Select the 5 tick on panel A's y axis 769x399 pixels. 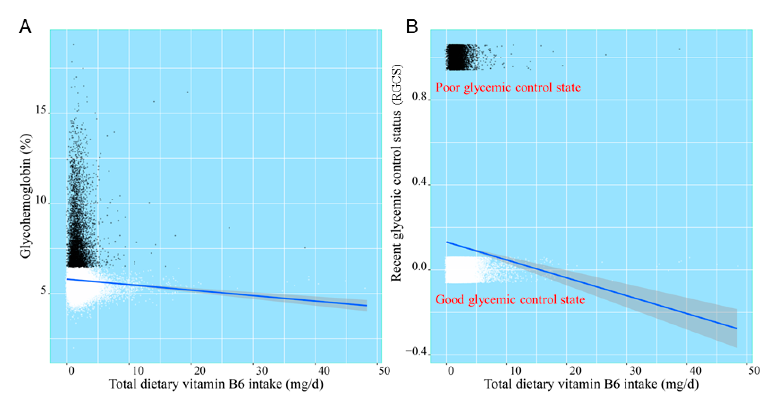44,290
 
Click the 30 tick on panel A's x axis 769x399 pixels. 262,371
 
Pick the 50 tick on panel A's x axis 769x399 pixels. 384,371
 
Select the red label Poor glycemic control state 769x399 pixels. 508,87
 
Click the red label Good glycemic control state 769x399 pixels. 510,300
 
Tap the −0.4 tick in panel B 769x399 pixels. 416,352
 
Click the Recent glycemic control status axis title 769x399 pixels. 396,173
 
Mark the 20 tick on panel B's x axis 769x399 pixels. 575,371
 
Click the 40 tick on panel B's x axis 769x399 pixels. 695,371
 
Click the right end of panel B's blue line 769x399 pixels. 736,328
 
